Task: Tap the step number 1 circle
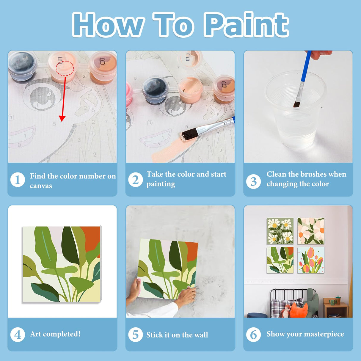(18, 180)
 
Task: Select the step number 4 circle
(18, 334)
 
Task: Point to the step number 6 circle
(253, 334)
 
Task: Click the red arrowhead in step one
(62, 118)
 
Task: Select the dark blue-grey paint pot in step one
(22, 66)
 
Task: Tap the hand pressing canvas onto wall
(186, 296)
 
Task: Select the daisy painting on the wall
(280, 231)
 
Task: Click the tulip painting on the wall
(311, 260)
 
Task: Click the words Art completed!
(55, 334)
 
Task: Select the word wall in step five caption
(201, 335)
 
